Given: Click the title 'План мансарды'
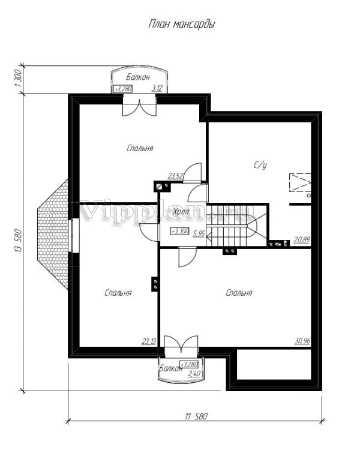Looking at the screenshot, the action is tap(182, 24).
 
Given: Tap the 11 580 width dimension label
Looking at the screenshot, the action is tap(196, 416).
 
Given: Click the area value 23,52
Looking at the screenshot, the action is tap(176, 176).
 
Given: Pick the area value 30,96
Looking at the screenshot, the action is tap(302, 341).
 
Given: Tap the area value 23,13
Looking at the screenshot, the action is tap(149, 341).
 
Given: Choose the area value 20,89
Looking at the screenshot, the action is tap(302, 241).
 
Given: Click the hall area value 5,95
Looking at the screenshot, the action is tap(199, 233).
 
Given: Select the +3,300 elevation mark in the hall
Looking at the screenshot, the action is tap(180, 231).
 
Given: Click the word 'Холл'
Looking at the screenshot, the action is tap(181, 212).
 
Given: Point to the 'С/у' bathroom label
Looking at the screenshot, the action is tap(260, 166).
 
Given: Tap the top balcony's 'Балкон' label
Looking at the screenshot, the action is tap(138, 77).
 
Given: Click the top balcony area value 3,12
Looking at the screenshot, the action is tap(157, 88).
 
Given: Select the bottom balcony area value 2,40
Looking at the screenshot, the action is tap(194, 374).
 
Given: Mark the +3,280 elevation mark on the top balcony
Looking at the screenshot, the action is tap(123, 88).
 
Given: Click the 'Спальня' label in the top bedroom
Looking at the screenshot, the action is tap(140, 148).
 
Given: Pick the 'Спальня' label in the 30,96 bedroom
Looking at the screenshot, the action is tap(239, 293).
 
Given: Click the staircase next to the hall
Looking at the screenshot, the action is tap(236, 226).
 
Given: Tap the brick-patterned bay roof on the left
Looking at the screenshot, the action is tap(53, 235).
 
